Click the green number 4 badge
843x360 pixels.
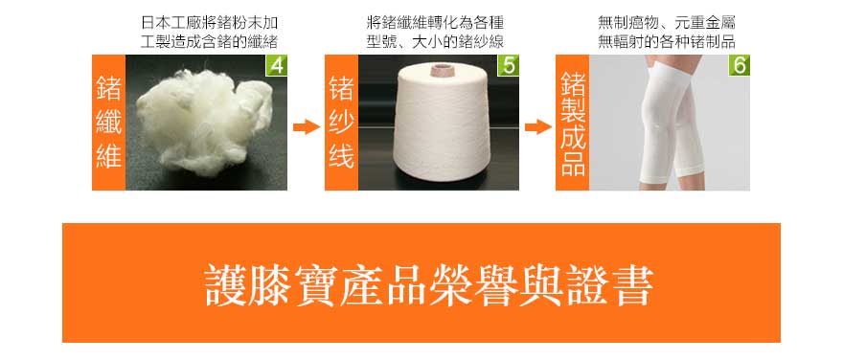coord(277,65)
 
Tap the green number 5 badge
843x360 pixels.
coord(509,65)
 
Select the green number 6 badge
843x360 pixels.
coord(740,65)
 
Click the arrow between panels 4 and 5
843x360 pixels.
coord(307,127)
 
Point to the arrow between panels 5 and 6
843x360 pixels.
coord(538,127)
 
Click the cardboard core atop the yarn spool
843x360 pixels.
coord(441,69)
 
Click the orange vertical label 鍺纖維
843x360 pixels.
coord(108,123)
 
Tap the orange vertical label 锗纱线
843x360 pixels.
coord(341,123)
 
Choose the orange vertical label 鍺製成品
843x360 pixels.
coord(573,123)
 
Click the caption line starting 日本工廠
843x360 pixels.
coord(209,23)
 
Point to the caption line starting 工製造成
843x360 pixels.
coord(209,42)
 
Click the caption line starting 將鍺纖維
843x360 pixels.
coord(435,23)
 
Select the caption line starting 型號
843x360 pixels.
coord(435,42)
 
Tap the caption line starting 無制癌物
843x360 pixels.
coord(667,23)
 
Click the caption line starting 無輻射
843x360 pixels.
coord(667,42)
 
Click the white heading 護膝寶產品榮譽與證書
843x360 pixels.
coord(429,285)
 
